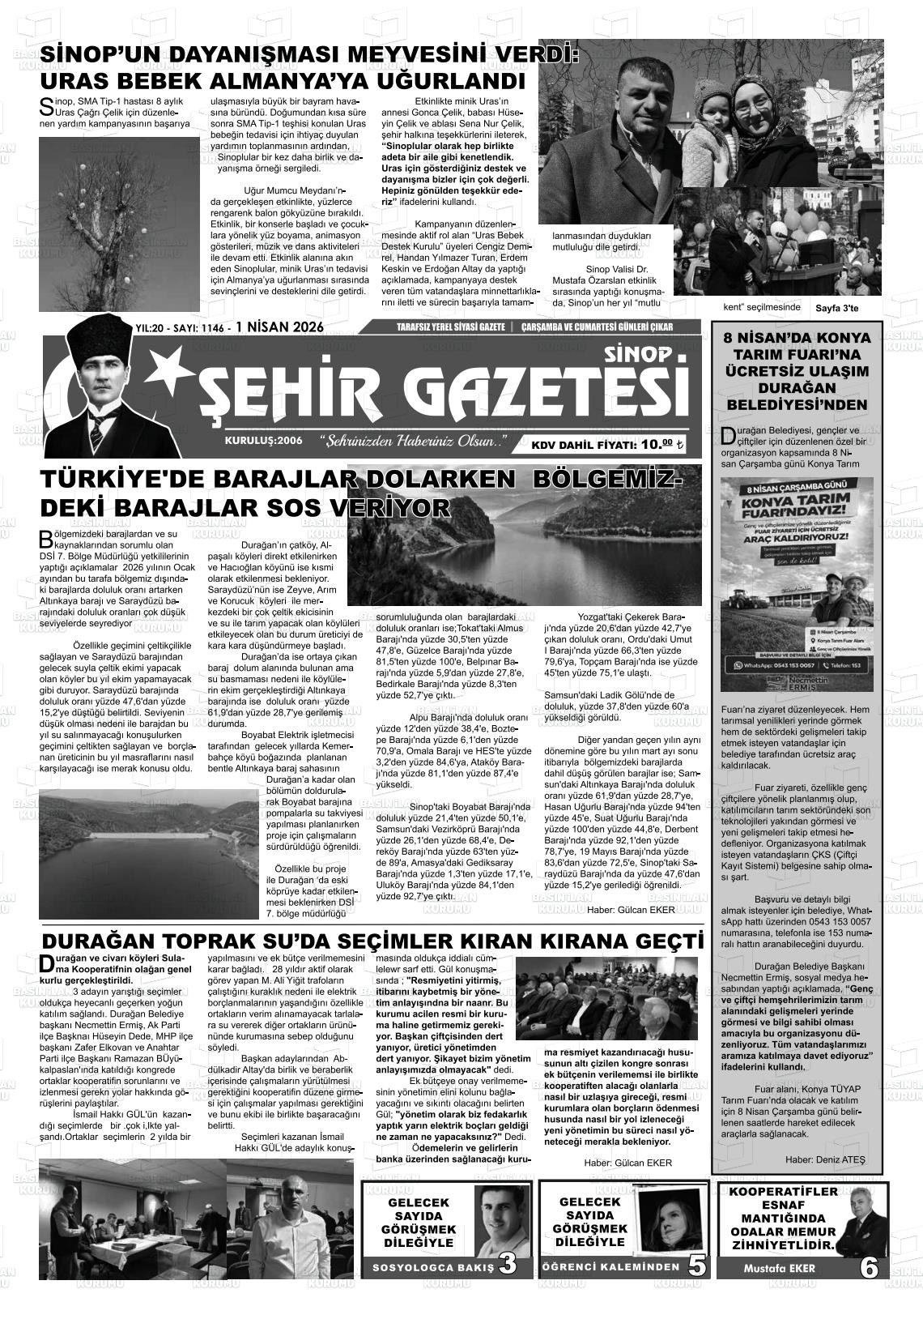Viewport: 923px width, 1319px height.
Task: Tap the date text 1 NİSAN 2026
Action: point(279,327)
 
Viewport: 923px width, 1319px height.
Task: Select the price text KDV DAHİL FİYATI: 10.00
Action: point(607,444)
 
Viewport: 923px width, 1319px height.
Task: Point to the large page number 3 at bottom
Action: point(508,1264)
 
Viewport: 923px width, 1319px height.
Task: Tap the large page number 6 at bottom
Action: point(869,1266)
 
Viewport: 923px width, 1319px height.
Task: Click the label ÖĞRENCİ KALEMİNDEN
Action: point(610,1267)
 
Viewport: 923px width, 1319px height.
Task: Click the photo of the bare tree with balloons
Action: point(119,221)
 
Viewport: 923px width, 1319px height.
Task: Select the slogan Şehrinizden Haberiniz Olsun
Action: point(414,442)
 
